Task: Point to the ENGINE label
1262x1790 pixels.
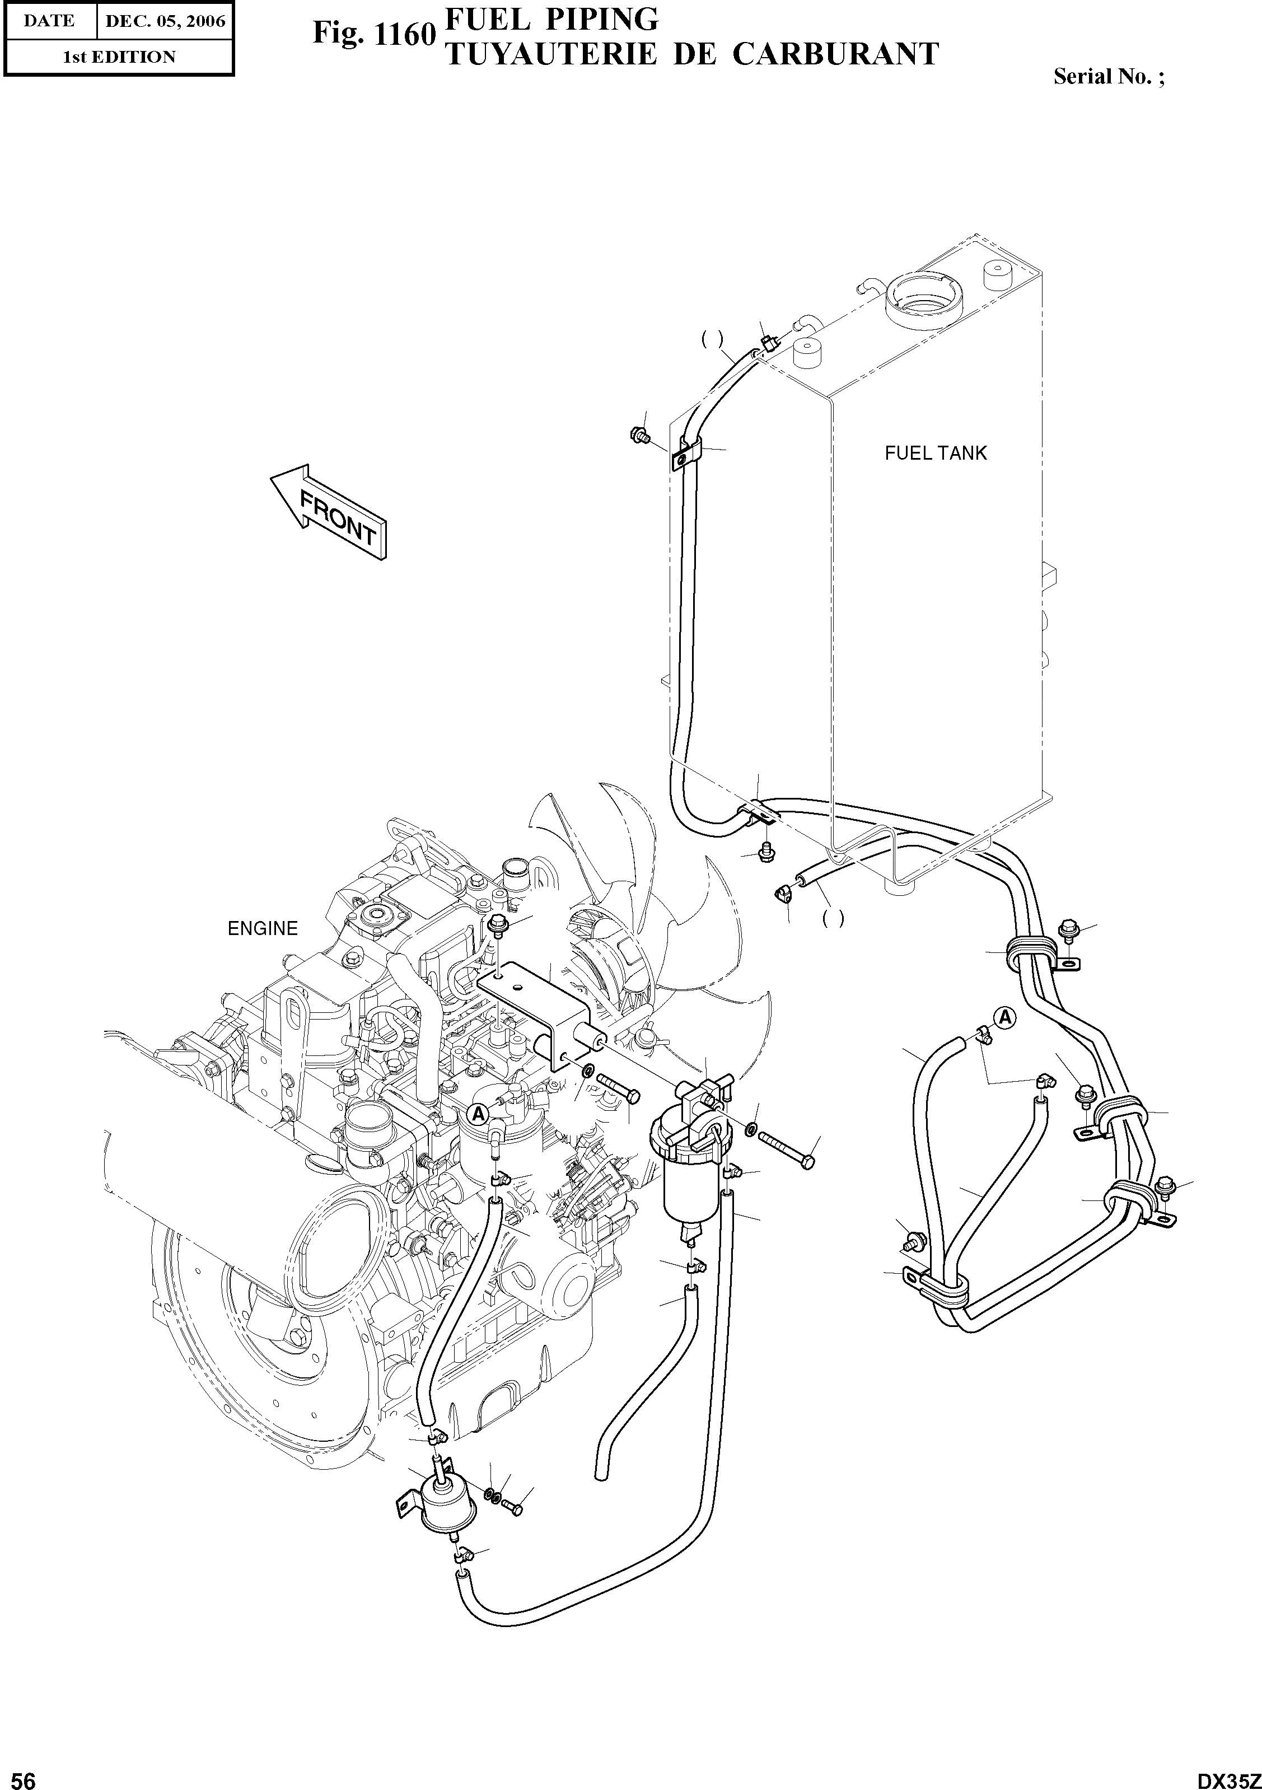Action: coord(263,928)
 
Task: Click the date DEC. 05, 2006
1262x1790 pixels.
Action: coord(165,21)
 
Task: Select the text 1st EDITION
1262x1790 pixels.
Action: coord(119,57)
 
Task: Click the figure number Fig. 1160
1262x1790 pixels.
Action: coord(372,34)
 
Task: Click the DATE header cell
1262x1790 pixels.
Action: coord(48,21)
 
